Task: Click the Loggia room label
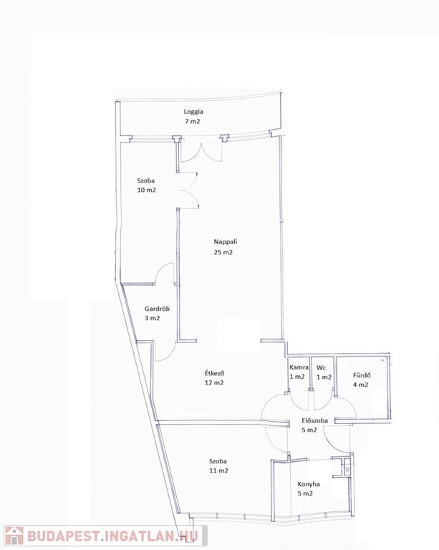(x=193, y=112)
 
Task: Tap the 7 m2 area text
(x=193, y=121)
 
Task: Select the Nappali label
(x=226, y=241)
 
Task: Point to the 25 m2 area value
(x=223, y=252)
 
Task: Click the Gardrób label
(x=157, y=309)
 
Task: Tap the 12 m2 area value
(x=214, y=382)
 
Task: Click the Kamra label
(x=299, y=367)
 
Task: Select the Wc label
(x=321, y=367)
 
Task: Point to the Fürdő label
(x=362, y=375)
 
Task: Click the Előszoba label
(x=315, y=420)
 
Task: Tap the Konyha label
(x=309, y=484)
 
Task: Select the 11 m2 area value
(x=218, y=471)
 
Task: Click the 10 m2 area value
(x=147, y=190)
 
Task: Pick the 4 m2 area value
(x=360, y=385)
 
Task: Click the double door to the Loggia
(x=201, y=153)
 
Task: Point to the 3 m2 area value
(x=152, y=319)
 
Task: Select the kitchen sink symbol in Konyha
(x=347, y=467)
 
